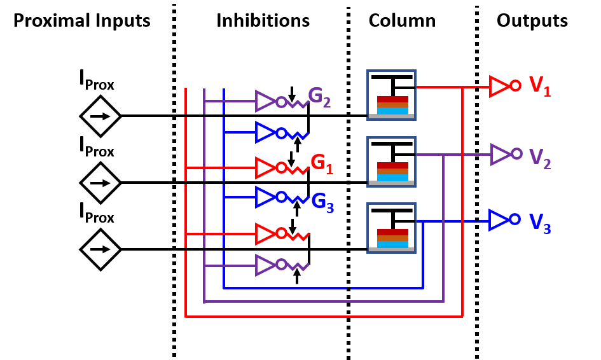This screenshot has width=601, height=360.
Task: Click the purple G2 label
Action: [319, 97]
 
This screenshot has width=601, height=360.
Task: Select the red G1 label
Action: [322, 164]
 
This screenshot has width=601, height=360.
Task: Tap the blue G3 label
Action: [322, 203]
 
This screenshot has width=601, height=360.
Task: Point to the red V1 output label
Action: [539, 86]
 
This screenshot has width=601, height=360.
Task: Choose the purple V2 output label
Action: [539, 158]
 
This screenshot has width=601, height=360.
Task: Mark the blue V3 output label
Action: [539, 223]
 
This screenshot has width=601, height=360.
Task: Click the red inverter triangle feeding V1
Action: [499, 86]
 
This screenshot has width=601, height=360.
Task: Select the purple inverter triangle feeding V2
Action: [500, 154]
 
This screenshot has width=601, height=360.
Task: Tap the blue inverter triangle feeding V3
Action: [498, 219]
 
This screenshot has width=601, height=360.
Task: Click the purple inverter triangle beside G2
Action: [265, 101]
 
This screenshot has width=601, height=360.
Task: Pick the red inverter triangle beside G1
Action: [265, 168]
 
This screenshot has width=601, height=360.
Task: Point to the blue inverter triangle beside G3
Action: [265, 197]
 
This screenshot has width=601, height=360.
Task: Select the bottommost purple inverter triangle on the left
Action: [265, 265]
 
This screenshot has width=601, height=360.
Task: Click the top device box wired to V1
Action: [391, 95]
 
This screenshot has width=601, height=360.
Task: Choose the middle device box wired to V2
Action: [391, 162]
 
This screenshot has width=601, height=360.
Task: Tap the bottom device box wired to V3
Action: [391, 228]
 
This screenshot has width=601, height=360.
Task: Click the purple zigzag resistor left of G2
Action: [298, 103]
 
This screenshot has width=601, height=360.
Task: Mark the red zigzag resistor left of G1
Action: [298, 169]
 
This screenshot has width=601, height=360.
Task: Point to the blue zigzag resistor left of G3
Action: [298, 199]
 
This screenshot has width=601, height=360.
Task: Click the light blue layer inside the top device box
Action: [392, 111]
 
